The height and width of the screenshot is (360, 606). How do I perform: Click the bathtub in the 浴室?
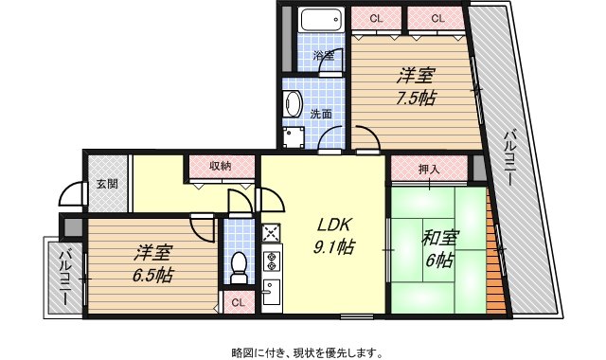click(322, 20)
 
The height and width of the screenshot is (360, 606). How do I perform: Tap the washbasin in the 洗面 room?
click(294, 103)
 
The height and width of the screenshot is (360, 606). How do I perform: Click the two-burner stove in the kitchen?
click(272, 261)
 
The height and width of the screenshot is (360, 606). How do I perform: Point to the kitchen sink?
click(272, 293)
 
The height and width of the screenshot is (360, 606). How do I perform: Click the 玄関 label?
click(107, 184)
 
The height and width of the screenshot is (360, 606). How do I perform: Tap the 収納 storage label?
click(221, 167)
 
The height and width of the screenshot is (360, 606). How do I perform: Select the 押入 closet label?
click(429, 170)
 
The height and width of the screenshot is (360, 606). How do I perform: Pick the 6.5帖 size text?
click(152, 276)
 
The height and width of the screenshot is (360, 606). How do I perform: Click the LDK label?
click(333, 225)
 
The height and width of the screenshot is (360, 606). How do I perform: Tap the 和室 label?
click(439, 239)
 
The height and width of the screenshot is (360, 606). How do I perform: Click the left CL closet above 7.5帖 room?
click(376, 19)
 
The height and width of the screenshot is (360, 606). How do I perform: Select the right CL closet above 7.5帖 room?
click(437, 19)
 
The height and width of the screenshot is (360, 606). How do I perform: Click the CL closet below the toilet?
click(238, 302)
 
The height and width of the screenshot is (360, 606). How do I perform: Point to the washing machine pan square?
click(293, 137)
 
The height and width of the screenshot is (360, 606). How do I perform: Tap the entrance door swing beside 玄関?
click(72, 194)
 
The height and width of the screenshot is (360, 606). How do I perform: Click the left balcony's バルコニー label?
click(65, 277)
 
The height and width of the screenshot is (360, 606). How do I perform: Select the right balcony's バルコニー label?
click(509, 158)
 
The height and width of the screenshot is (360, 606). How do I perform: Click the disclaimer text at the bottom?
click(308, 352)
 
